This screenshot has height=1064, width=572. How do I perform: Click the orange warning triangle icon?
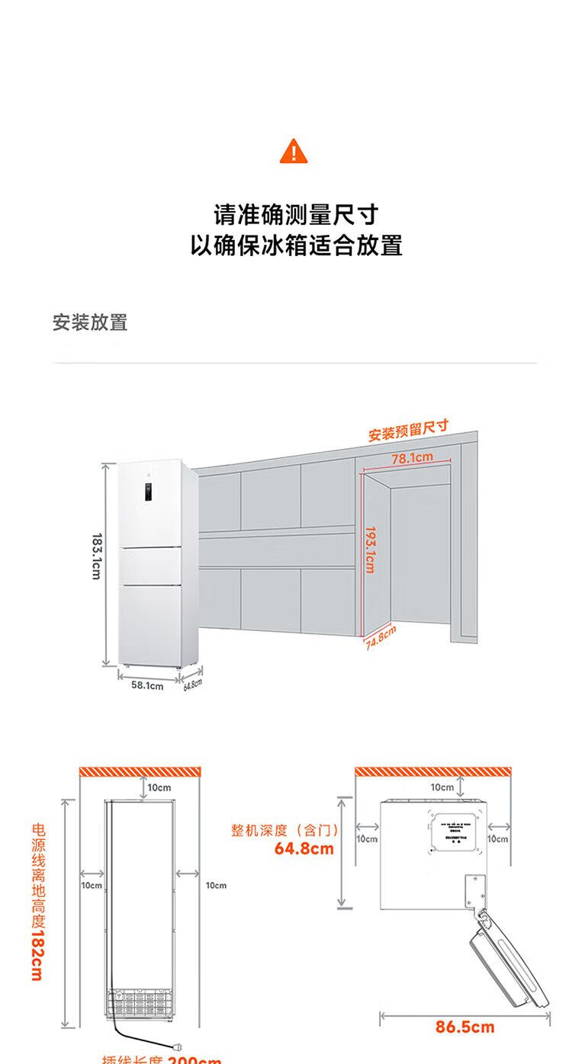(x=294, y=151)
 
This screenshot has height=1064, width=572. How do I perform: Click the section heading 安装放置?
(x=90, y=322)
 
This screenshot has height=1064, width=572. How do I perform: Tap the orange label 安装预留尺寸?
(x=408, y=431)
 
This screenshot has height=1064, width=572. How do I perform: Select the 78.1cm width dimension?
(x=412, y=458)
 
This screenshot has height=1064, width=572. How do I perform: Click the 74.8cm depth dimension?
(x=381, y=636)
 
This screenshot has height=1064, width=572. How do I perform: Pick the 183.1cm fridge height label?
(x=95, y=556)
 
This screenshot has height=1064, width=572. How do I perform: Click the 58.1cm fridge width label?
(x=147, y=685)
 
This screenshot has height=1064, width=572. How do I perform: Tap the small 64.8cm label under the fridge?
(x=191, y=684)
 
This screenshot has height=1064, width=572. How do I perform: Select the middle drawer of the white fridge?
(x=150, y=565)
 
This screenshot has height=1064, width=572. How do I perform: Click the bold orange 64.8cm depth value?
(x=304, y=848)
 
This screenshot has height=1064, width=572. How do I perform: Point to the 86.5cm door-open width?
(x=464, y=1027)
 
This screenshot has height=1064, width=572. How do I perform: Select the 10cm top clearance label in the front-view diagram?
(x=159, y=787)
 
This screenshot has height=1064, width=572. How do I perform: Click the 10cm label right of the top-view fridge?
(x=498, y=838)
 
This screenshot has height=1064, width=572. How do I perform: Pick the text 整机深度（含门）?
(x=285, y=830)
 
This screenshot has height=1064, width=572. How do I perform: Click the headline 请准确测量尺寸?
(x=295, y=214)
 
